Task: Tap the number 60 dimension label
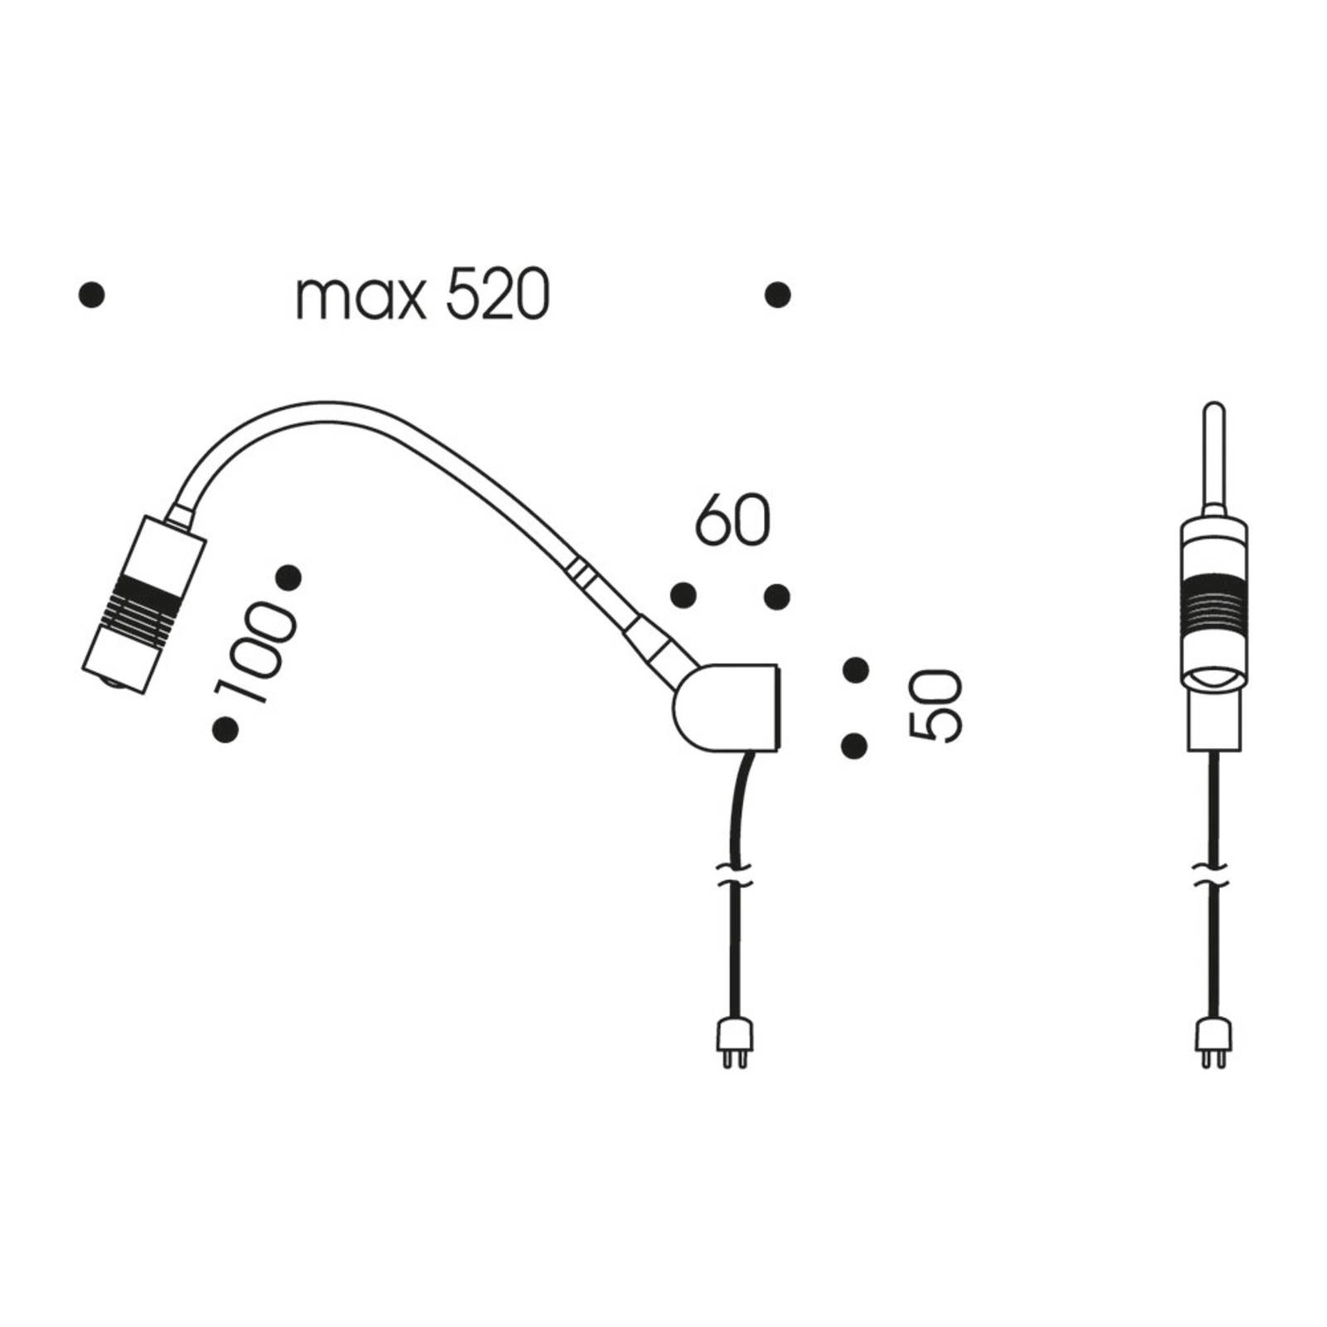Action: click(x=732, y=521)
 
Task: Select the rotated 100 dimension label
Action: click(x=255, y=654)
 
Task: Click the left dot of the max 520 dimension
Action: click(x=91, y=295)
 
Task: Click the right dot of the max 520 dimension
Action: click(x=777, y=295)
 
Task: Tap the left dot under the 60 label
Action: click(x=683, y=595)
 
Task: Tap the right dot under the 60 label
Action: click(x=777, y=595)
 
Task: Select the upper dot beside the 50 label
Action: click(x=855, y=669)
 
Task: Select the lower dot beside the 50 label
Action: click(x=854, y=746)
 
